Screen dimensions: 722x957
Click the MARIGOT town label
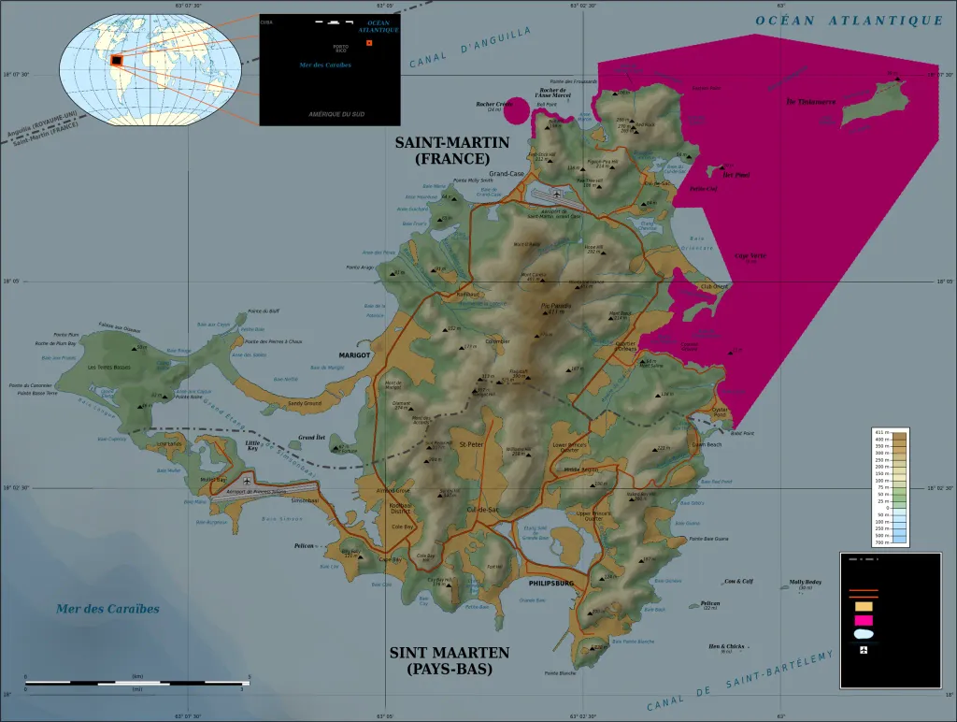[354, 355]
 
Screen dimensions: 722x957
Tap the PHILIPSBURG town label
[550, 582]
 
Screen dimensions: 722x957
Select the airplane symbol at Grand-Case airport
[558, 195]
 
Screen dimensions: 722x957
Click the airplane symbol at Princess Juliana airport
[247, 482]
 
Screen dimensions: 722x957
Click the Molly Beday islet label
[805, 581]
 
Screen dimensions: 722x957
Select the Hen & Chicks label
[726, 646]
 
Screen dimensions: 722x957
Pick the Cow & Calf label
[738, 581]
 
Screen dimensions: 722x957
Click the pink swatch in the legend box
[864, 620]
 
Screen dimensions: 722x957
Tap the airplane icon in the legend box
[864, 649]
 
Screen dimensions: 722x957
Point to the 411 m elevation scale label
[880, 433]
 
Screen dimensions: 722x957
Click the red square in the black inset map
[369, 43]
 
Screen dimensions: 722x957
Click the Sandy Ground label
[304, 403]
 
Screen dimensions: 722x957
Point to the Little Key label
[252, 445]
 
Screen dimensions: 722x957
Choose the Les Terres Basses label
[109, 367]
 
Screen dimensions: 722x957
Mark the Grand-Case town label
[507, 173]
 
